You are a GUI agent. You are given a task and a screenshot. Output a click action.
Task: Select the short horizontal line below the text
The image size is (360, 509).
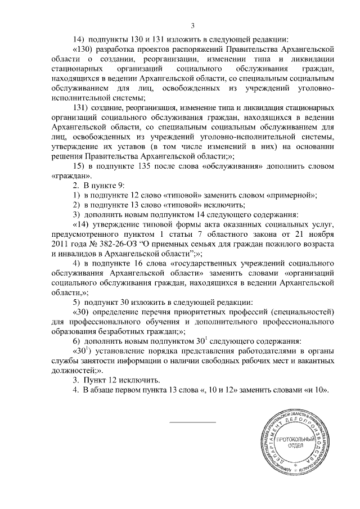coord(192,422)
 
